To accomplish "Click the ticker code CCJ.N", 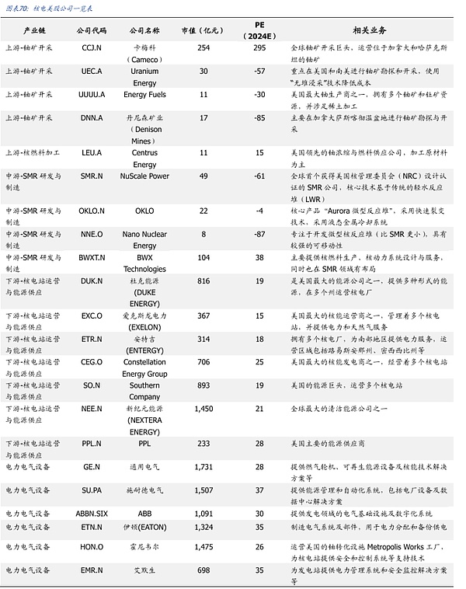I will click(92, 48).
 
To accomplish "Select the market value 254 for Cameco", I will click(203, 48).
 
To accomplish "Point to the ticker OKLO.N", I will click(92, 211).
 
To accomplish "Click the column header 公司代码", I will click(92, 30).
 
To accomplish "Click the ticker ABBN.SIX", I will click(92, 514).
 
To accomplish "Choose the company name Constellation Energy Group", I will click(145, 368).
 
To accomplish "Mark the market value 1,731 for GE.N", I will click(203, 466).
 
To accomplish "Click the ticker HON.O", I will click(92, 547).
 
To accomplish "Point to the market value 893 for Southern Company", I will click(203, 385).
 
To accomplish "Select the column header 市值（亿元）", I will click(203, 30).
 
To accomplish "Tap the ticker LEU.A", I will click(92, 153).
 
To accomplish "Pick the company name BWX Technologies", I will click(145, 263).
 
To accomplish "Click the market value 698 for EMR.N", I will click(203, 570).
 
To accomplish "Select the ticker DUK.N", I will click(92, 281).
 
